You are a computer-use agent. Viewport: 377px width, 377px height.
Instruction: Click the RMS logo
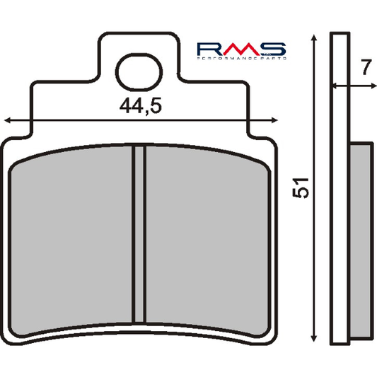coord(240,50)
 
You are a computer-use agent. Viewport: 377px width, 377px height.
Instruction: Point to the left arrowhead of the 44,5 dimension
coord(8,120)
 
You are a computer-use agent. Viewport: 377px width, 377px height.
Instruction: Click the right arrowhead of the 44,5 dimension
coord(273,120)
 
